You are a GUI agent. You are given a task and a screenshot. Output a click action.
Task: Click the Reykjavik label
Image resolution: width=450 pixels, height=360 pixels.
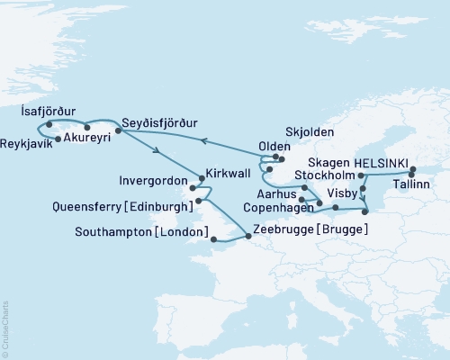(27, 143)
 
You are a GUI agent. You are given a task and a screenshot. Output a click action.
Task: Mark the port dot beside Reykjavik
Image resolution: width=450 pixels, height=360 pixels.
(58, 139)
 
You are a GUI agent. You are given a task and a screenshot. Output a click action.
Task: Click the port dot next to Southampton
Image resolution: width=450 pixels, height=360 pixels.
(212, 238)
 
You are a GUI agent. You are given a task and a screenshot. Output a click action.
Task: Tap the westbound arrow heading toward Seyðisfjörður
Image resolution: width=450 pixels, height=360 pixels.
(203, 141)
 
